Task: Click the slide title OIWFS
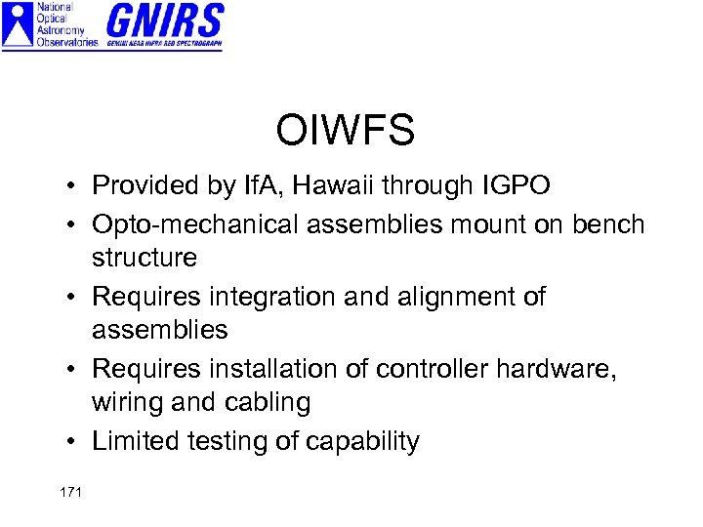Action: [345, 130]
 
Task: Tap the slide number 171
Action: [70, 492]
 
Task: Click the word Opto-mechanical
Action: [195, 224]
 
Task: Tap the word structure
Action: [145, 259]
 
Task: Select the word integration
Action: [269, 297]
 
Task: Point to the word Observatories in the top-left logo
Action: [66, 42]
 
